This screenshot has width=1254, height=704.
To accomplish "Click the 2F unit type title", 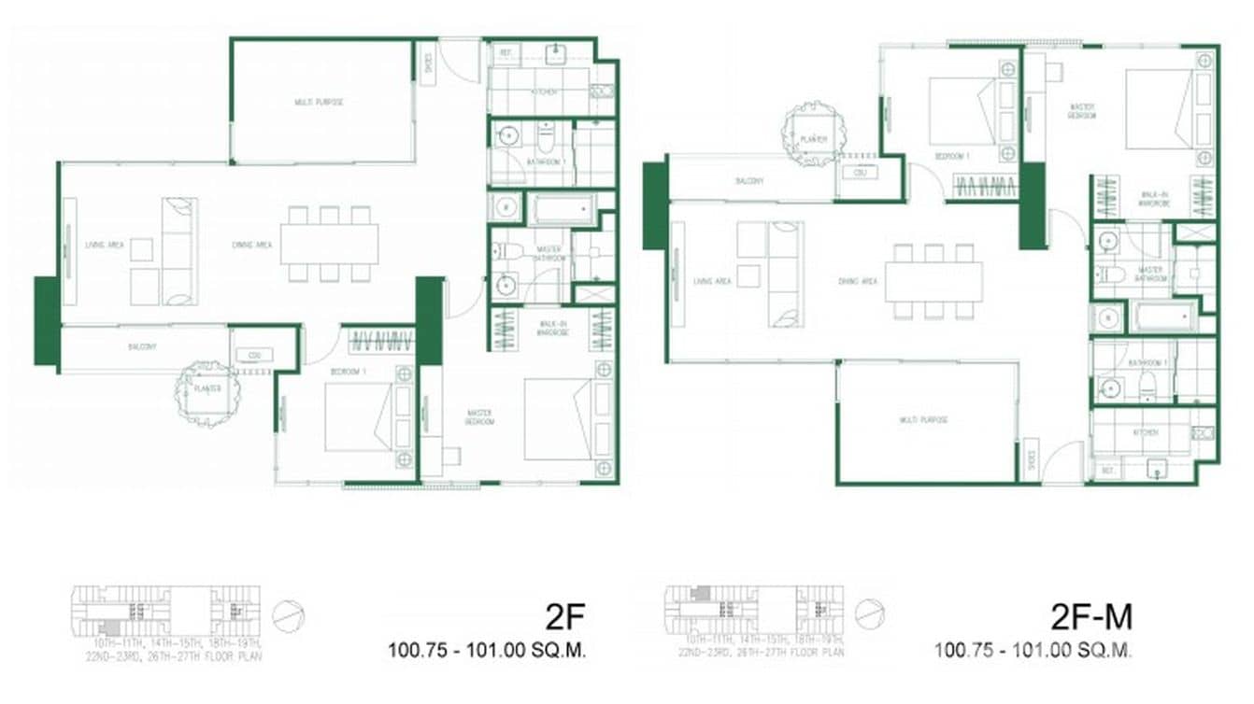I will [564, 618].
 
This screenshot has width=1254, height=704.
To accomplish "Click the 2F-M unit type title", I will [1091, 618].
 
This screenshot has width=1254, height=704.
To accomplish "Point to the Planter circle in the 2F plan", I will [207, 390].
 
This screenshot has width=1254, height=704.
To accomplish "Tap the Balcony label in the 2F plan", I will [142, 346].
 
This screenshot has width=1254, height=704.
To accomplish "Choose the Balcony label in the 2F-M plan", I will [749, 181].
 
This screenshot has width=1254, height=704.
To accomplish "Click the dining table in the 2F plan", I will [334, 244].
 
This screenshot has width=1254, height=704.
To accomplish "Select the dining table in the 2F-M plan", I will [933, 281].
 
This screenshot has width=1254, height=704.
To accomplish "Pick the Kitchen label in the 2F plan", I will [545, 92].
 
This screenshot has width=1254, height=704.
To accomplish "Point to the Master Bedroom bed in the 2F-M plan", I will [1160, 108].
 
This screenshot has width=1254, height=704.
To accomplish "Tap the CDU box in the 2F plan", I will [253, 356].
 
